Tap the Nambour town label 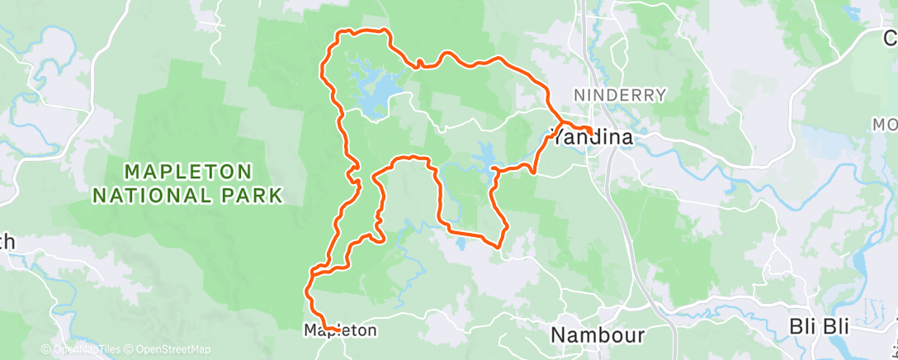(597, 334)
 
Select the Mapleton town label (340, 330)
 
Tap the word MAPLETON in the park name (188, 172)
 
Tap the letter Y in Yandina (557, 138)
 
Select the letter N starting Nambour (558, 334)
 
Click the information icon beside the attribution (46, 350)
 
